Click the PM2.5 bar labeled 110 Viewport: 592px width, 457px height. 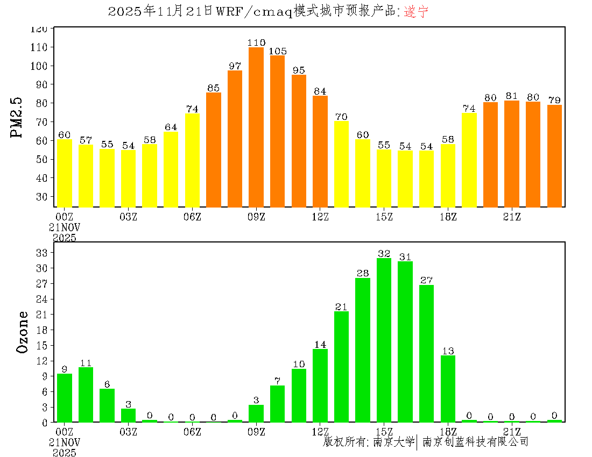[256, 127]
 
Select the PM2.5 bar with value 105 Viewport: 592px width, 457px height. [277, 131]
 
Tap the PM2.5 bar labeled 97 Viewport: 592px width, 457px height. [235, 139]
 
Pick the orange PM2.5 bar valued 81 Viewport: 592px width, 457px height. [512, 154]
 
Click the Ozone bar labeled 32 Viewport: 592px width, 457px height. [384, 340]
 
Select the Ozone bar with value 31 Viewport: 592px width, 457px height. [405, 341]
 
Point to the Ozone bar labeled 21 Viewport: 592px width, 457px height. [341, 367]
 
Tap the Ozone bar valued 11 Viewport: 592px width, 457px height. [86, 395]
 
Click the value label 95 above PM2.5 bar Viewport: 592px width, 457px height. [299, 70]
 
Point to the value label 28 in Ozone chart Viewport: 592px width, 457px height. [363, 274]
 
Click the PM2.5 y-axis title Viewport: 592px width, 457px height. [18, 118]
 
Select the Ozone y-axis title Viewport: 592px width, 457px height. [23, 332]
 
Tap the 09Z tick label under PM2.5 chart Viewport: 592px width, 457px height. [256, 217]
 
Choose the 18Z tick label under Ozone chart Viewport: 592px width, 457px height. [448, 431]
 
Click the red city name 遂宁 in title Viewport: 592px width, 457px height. [416, 12]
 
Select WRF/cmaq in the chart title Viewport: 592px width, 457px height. [253, 12]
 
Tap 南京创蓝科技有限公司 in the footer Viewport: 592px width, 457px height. [475, 442]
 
